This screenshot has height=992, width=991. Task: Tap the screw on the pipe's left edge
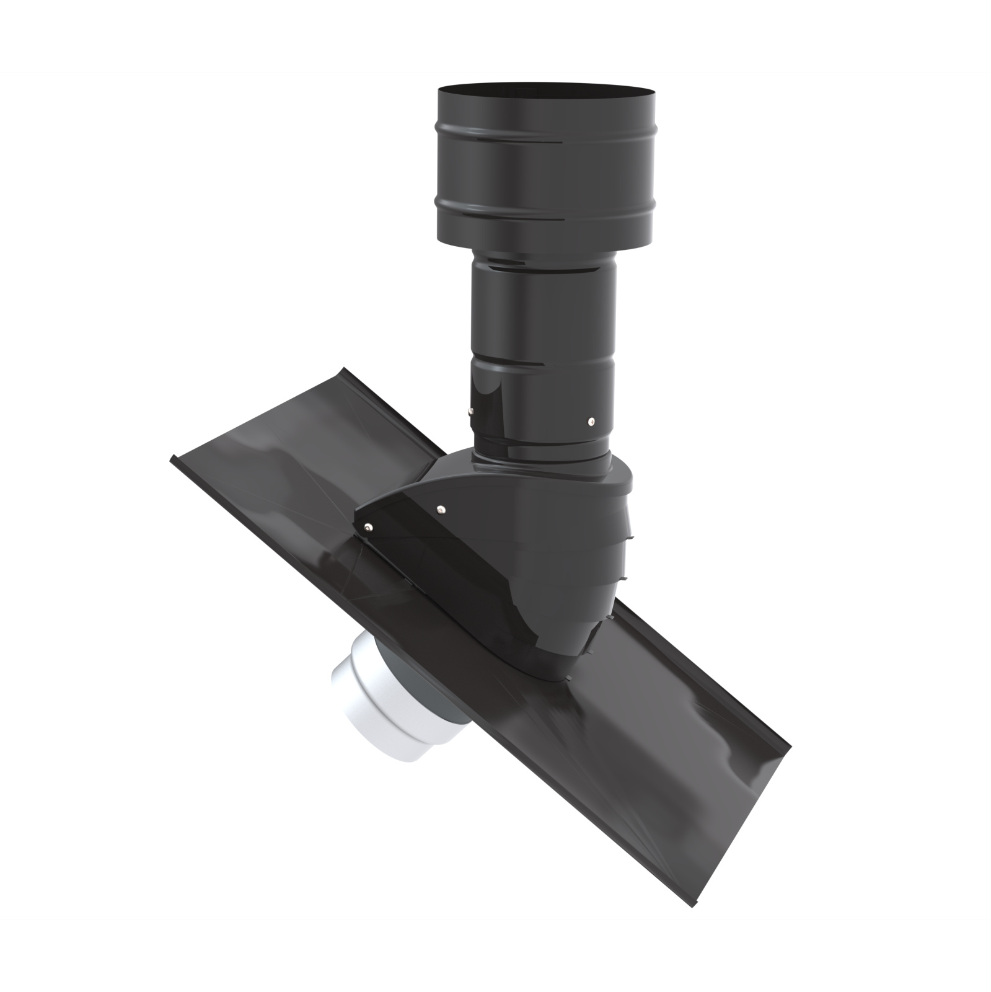[470, 410]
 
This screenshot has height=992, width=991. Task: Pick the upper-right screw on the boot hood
[439, 509]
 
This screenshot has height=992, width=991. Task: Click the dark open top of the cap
[546, 93]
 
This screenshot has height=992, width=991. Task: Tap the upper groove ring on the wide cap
[546, 144]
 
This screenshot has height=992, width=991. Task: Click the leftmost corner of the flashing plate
[171, 459]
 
